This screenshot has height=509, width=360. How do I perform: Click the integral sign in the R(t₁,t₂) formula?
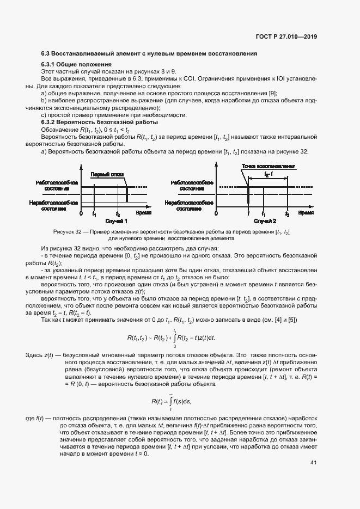click(174, 338)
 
